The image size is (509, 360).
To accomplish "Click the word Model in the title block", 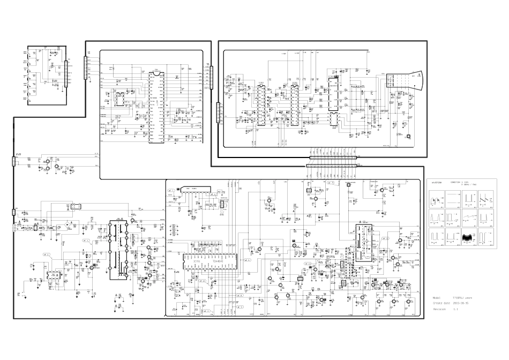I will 437,297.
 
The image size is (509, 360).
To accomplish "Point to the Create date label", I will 441,303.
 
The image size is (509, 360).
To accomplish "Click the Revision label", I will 439,309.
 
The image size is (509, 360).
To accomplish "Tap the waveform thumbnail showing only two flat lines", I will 453,200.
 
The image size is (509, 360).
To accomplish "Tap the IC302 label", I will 293,83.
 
